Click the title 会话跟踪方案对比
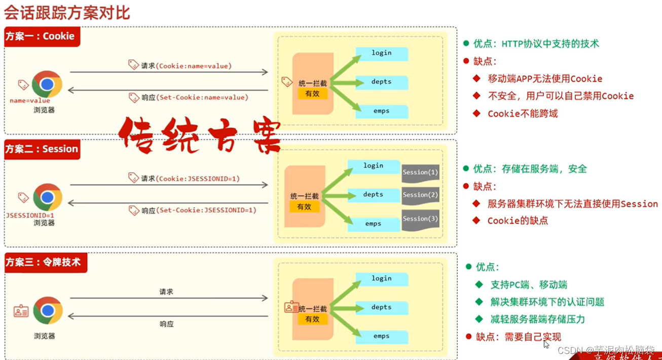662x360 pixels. [66, 12]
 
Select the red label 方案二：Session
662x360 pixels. [42, 149]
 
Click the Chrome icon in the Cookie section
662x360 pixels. [47, 84]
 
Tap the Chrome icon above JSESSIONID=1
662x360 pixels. [48, 197]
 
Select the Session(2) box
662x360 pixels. [420, 195]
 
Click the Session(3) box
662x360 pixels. [420, 219]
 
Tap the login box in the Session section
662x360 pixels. [374, 166]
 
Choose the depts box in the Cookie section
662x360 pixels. [381, 82]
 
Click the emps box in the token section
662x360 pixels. [381, 336]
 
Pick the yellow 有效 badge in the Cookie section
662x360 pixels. [312, 94]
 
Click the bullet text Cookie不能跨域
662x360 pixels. [522, 114]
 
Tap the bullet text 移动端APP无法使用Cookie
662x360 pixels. [544, 79]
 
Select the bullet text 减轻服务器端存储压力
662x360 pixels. [537, 319]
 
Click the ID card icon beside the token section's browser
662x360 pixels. [21, 311]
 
